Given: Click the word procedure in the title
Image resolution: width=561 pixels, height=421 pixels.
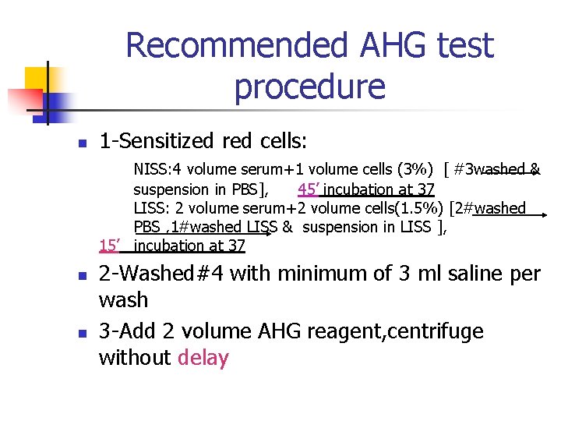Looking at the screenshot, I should tap(309, 87).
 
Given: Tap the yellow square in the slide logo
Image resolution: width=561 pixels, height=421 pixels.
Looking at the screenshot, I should tap(37, 79).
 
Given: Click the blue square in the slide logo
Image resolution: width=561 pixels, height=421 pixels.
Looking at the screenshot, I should tap(58, 103).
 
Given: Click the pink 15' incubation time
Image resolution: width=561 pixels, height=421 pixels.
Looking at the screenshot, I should tap(109, 246).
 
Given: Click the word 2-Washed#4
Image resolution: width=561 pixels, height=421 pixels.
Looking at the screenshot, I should tap(162, 274).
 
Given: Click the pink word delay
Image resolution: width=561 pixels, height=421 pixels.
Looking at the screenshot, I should tap(203, 358).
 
